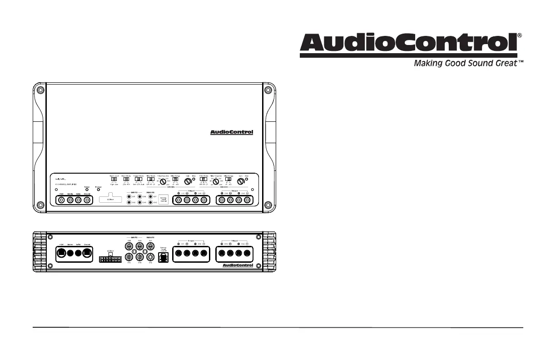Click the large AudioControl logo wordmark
(x=408, y=44)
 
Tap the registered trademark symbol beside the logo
(x=520, y=35)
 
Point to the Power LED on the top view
(x=87, y=190)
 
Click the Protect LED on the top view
(x=98, y=190)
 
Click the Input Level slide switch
(x=114, y=179)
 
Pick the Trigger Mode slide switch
(x=139, y=179)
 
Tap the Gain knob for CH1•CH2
(x=187, y=181)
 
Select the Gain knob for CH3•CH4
(x=241, y=181)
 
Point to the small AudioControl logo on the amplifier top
(x=231, y=133)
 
